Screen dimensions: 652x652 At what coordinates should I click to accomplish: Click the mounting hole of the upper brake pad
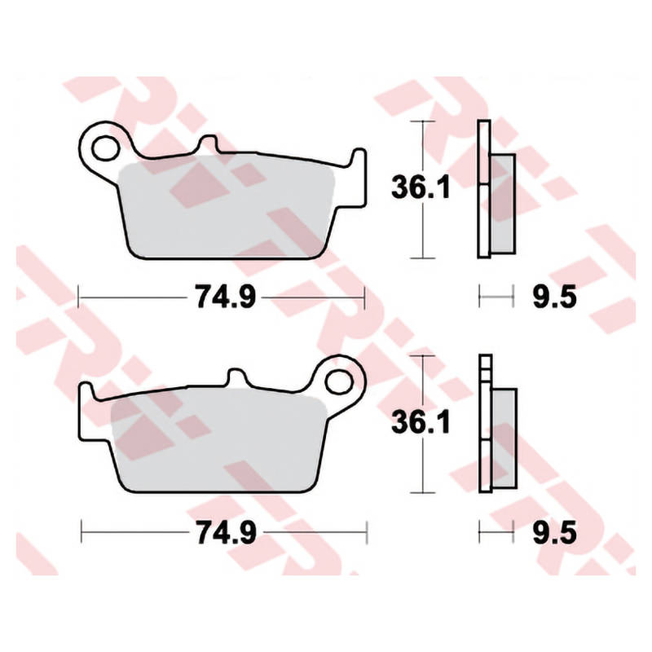click(105, 148)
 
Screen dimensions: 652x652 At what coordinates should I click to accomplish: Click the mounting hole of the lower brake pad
click(339, 382)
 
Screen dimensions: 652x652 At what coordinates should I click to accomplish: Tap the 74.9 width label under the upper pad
click(226, 297)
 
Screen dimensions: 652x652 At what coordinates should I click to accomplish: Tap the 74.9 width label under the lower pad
click(227, 532)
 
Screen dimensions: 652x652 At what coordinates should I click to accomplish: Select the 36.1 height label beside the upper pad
click(421, 187)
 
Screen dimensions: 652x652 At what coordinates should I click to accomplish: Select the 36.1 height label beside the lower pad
click(421, 422)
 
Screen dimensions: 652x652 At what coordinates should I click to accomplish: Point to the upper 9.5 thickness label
click(555, 297)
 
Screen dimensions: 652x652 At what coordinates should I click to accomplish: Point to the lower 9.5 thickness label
click(555, 532)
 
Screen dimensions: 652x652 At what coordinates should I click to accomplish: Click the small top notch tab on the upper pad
click(208, 143)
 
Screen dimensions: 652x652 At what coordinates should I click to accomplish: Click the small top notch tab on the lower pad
click(236, 377)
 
